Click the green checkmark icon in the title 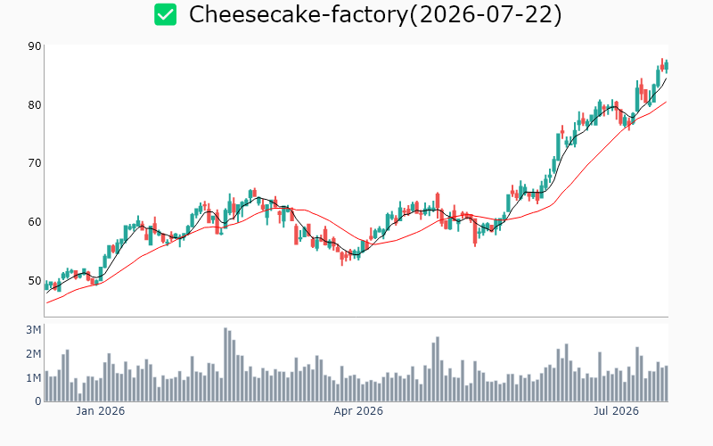165,14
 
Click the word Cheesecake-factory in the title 299,14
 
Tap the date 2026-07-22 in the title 485,14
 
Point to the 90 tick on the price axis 35,46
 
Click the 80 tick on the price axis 35,105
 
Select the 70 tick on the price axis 35,163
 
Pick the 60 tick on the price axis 35,221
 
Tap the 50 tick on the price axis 35,280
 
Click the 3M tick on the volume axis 33,330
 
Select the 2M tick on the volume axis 33,354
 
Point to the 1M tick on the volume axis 33,378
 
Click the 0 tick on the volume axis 38,401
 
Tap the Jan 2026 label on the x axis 100,411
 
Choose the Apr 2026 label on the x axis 358,411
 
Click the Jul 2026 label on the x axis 616,411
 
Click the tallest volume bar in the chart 225,365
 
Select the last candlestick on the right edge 667,66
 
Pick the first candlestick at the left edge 46,285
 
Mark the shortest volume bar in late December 80,397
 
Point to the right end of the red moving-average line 666,102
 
